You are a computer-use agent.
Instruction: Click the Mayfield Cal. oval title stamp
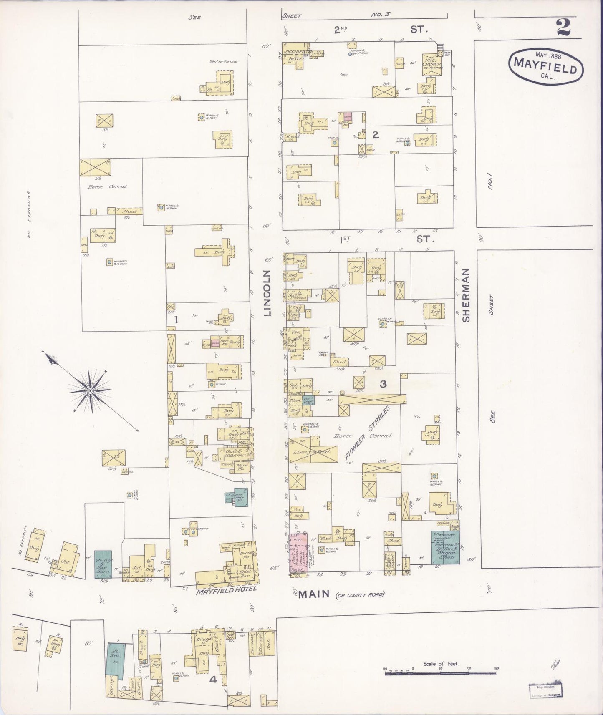click(545, 67)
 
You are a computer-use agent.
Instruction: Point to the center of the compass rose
click(90, 390)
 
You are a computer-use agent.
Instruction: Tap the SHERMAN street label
click(466, 295)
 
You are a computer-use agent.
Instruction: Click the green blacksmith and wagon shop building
click(445, 547)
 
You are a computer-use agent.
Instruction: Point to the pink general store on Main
click(298, 555)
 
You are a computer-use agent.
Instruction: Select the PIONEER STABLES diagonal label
click(368, 433)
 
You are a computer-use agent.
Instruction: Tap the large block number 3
click(383, 384)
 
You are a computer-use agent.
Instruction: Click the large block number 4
click(213, 680)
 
